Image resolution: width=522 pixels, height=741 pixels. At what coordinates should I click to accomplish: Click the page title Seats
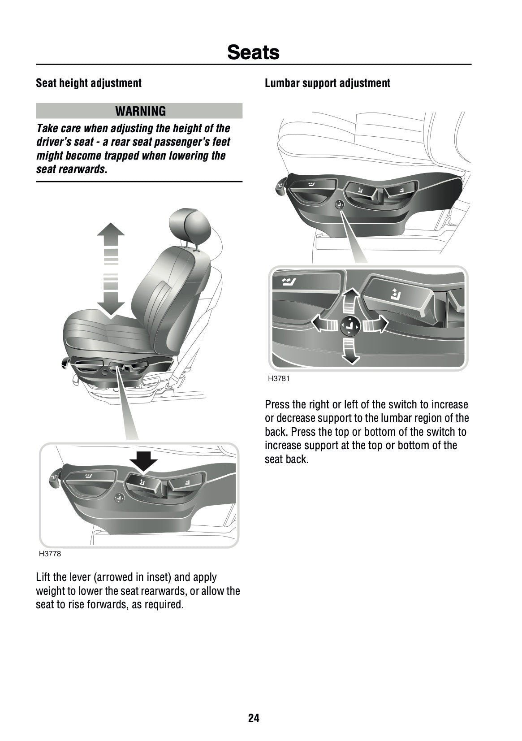tap(253, 52)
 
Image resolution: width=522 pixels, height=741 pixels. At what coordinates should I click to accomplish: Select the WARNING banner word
tap(140, 111)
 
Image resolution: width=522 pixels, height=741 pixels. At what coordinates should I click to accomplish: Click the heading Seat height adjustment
tap(89, 83)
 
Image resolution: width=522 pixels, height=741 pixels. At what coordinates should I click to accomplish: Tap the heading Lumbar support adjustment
tap(327, 83)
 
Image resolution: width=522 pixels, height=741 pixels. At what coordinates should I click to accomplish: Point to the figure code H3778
tap(50, 554)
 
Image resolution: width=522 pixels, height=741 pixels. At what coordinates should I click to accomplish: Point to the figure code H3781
tap(279, 378)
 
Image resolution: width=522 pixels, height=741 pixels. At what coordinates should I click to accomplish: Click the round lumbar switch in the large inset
tap(348, 326)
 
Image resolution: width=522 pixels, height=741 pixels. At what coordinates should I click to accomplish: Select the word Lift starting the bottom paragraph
tap(43, 577)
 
